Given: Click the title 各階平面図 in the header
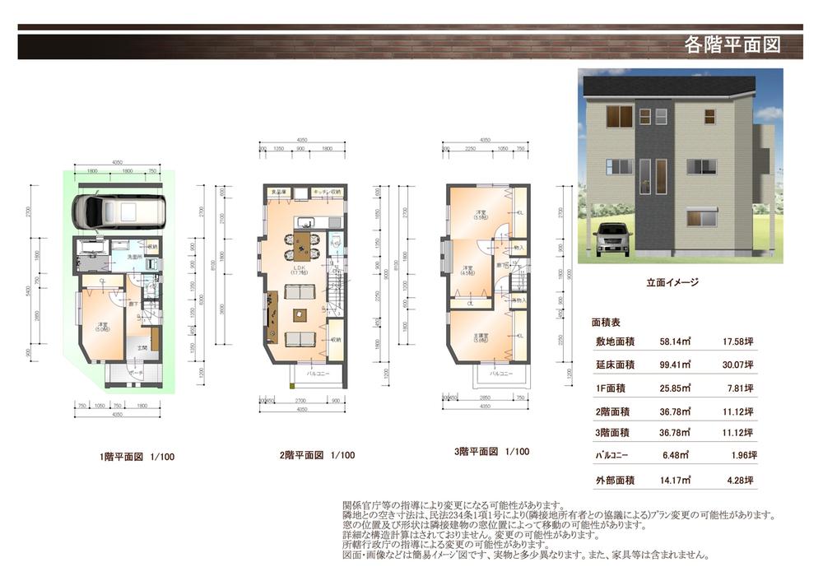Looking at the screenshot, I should (x=732, y=45).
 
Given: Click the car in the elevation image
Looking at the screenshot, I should (x=611, y=239).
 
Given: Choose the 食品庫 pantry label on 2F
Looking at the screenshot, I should (x=279, y=193).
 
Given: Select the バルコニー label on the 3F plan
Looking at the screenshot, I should (x=500, y=374).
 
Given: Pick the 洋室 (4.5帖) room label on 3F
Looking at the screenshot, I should (x=467, y=270).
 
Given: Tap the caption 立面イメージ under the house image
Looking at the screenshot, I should (x=672, y=281).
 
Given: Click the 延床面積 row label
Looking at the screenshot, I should (x=614, y=363).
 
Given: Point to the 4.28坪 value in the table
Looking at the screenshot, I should (x=738, y=479).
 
